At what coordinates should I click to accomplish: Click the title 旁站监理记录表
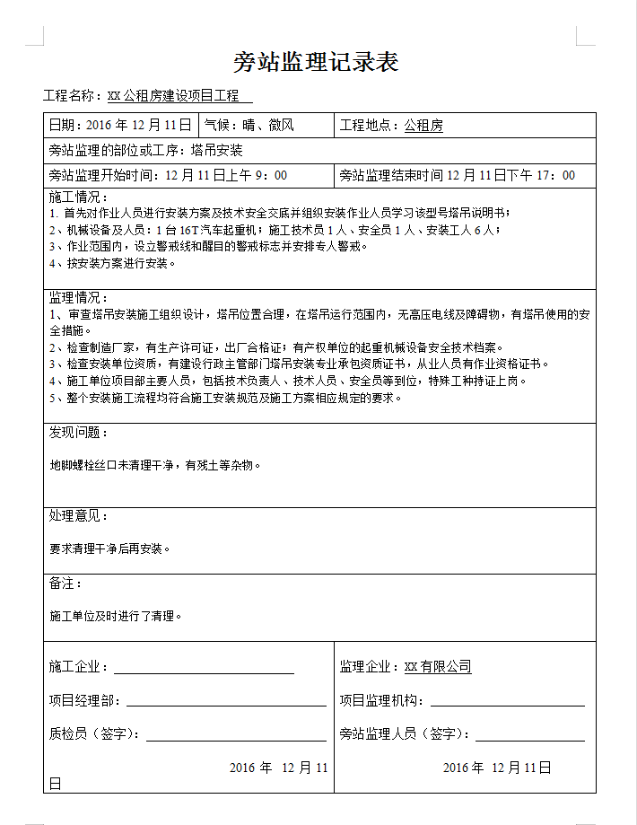click(316, 62)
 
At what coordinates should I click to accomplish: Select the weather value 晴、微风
click(268, 126)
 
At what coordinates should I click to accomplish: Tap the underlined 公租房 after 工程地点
click(423, 126)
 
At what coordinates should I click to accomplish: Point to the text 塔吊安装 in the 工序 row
click(217, 151)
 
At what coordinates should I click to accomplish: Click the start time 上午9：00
click(256, 175)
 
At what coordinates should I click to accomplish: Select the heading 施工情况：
click(78, 197)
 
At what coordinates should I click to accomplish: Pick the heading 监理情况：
click(78, 297)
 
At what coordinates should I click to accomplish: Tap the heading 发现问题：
click(78, 433)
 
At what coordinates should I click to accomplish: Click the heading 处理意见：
click(78, 516)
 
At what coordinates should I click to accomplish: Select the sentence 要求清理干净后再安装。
click(109, 548)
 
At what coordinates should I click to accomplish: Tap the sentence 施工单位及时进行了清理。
click(116, 617)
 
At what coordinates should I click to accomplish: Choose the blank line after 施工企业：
click(204, 667)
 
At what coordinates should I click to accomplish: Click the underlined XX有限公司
click(438, 667)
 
